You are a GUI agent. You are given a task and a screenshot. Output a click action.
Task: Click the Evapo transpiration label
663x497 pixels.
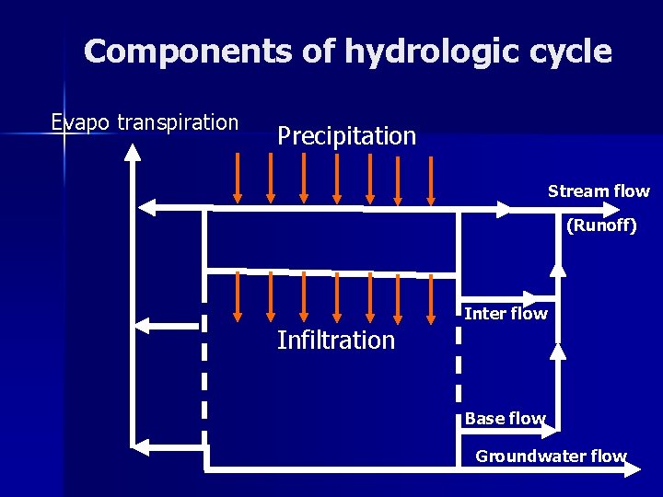pyautogui.click(x=145, y=122)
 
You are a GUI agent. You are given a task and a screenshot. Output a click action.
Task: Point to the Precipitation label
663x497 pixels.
pyautogui.click(x=346, y=136)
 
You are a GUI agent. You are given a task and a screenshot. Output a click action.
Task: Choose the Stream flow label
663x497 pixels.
pyautogui.click(x=599, y=191)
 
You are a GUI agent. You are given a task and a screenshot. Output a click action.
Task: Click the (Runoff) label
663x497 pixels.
pyautogui.click(x=600, y=225)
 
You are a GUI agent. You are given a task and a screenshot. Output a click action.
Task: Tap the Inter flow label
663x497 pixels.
pyautogui.click(x=506, y=314)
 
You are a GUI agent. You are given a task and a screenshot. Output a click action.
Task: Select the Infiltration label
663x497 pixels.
pyautogui.click(x=335, y=341)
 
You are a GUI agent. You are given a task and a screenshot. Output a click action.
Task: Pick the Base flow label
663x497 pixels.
pyautogui.click(x=505, y=418)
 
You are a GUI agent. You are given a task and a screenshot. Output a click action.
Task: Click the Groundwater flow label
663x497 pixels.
pyautogui.click(x=551, y=456)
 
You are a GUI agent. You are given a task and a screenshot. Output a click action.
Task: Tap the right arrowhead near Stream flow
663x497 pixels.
pyautogui.click(x=501, y=209)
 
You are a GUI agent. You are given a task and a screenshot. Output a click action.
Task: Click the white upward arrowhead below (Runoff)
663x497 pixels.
pyautogui.click(x=558, y=266)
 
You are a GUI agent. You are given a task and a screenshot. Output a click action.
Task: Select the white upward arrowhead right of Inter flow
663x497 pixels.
pyautogui.click(x=558, y=350)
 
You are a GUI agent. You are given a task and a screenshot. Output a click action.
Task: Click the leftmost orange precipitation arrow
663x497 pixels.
pyautogui.click(x=238, y=179)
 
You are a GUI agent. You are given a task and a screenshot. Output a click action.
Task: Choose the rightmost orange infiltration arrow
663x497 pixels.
pyautogui.click(x=431, y=298)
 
